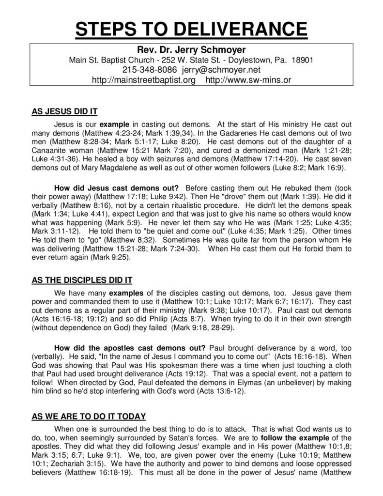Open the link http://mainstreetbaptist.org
(x=144, y=80)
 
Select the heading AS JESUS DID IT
(x=65, y=111)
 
